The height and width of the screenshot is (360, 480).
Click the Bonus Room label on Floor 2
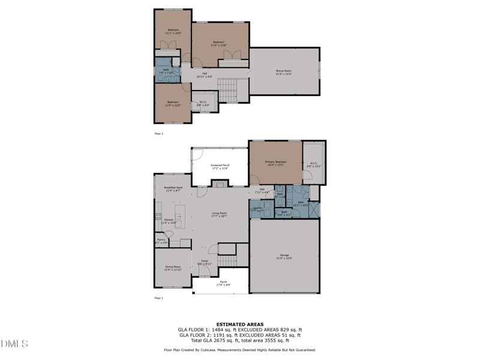(x=284, y=72)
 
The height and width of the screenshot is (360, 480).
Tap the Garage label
(x=284, y=256)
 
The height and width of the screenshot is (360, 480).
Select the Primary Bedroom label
(x=275, y=163)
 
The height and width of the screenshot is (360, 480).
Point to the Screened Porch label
(x=220, y=166)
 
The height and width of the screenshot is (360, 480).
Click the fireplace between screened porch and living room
(x=220, y=184)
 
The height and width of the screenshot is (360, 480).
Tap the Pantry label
(x=161, y=241)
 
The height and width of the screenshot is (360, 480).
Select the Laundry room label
(x=257, y=209)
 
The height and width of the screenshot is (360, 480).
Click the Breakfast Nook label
(x=173, y=189)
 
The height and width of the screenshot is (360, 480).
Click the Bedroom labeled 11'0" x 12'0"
(x=173, y=103)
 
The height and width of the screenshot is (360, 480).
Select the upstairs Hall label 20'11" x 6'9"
(x=205, y=75)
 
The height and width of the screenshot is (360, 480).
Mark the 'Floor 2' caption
(x=159, y=133)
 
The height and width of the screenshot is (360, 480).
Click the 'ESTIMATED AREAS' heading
(x=239, y=325)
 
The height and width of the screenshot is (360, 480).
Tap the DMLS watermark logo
(x=15, y=344)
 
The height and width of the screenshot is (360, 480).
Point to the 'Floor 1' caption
(x=159, y=298)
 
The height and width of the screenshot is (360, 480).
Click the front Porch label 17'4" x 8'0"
(x=223, y=283)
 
